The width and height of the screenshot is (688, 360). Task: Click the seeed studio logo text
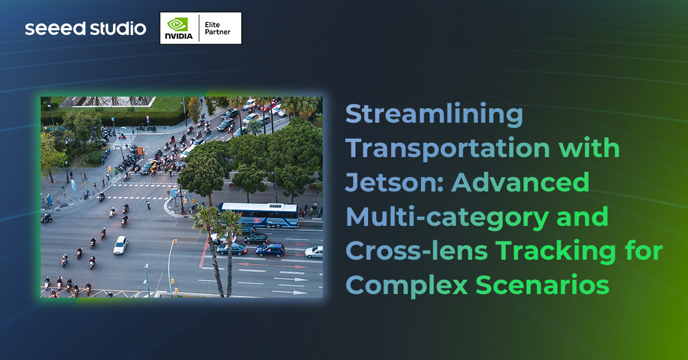[85, 28]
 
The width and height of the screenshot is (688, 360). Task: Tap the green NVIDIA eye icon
[177, 24]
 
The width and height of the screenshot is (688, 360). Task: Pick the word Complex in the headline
[406, 285]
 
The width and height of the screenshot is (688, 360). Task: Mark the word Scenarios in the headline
[542, 285]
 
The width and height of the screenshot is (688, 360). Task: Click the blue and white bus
[259, 214]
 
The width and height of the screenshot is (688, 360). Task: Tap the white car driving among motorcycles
[120, 245]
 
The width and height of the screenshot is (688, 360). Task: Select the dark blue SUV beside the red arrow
[270, 249]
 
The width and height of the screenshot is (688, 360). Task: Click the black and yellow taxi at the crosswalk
[148, 167]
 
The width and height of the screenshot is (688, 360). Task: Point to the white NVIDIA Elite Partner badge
[201, 28]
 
